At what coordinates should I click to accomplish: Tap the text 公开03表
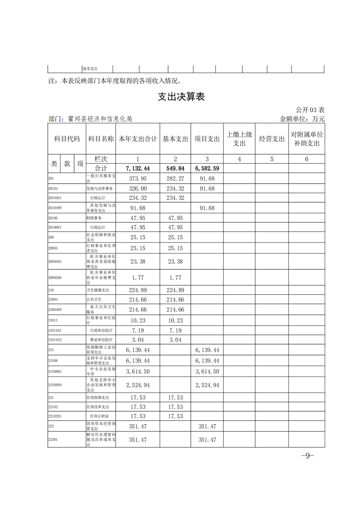pos(310,110)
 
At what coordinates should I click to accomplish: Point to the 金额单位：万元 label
pos(303,119)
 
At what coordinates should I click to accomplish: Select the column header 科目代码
pos(67,139)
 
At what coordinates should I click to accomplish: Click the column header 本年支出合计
pos(138,139)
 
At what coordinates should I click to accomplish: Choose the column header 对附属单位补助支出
pos(307,139)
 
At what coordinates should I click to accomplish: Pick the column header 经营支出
pos(272,139)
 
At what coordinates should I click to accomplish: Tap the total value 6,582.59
pos(207,168)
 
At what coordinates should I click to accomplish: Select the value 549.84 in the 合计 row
pos(175,168)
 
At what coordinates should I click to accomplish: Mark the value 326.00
pos(138,188)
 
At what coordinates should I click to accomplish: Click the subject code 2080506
pos(55,278)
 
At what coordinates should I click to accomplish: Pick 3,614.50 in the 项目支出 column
pos(207,372)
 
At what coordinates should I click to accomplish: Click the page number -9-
pos(308,456)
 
